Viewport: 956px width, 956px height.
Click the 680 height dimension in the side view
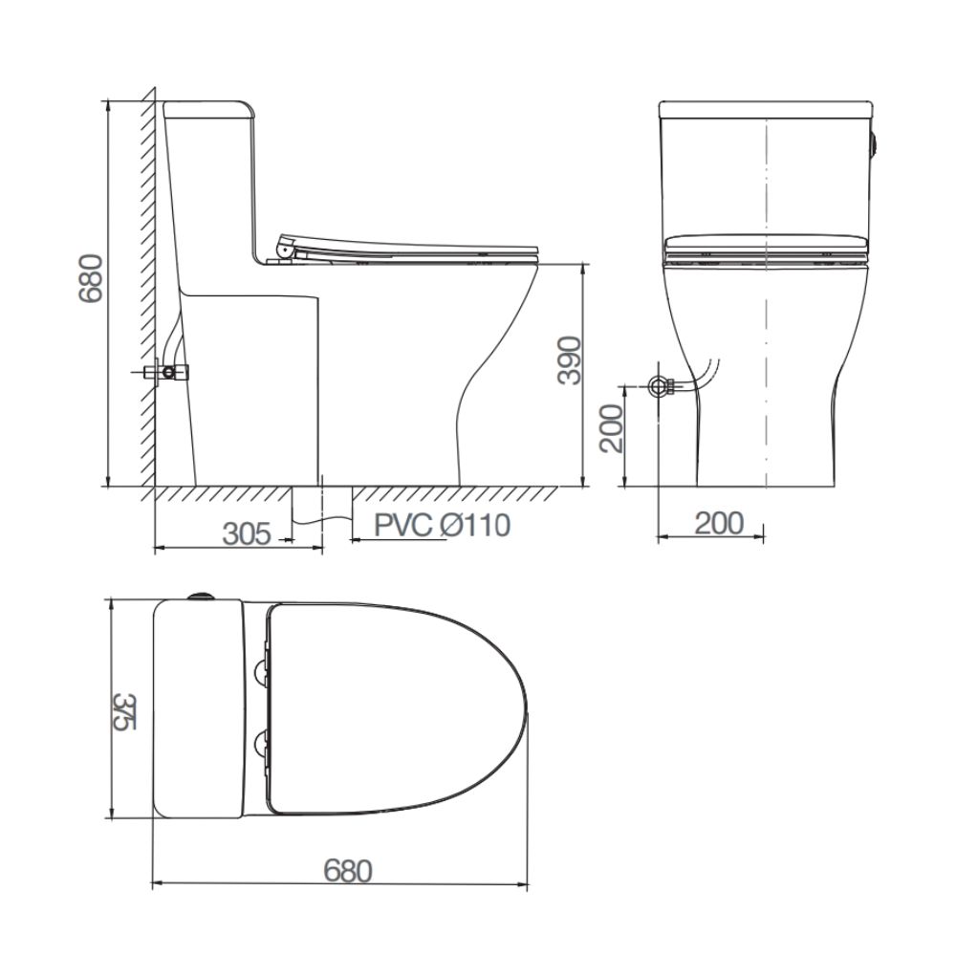tap(90, 278)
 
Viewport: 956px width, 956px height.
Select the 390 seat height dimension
tap(571, 359)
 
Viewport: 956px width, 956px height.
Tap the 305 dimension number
tap(247, 534)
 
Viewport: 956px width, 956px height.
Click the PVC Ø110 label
tap(442, 525)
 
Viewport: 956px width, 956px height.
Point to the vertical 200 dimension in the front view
tap(612, 428)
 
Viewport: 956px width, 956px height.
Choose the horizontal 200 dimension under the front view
tap(720, 523)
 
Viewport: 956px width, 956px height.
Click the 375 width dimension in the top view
tap(124, 711)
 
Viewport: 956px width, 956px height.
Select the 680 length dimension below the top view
tap(348, 871)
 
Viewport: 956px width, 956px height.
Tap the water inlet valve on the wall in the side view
tap(165, 371)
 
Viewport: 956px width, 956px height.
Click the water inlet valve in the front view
tap(661, 385)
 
